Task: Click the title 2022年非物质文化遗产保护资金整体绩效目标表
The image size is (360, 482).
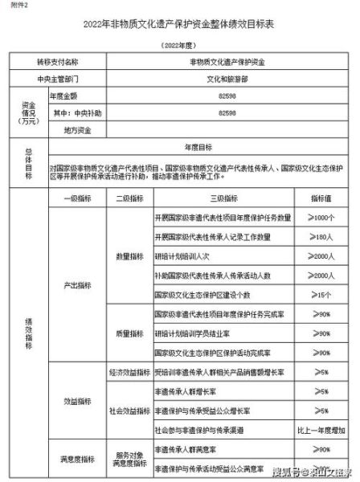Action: (x=178, y=25)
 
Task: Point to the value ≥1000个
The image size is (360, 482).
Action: (x=320, y=218)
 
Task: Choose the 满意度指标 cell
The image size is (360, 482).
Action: (x=78, y=460)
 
